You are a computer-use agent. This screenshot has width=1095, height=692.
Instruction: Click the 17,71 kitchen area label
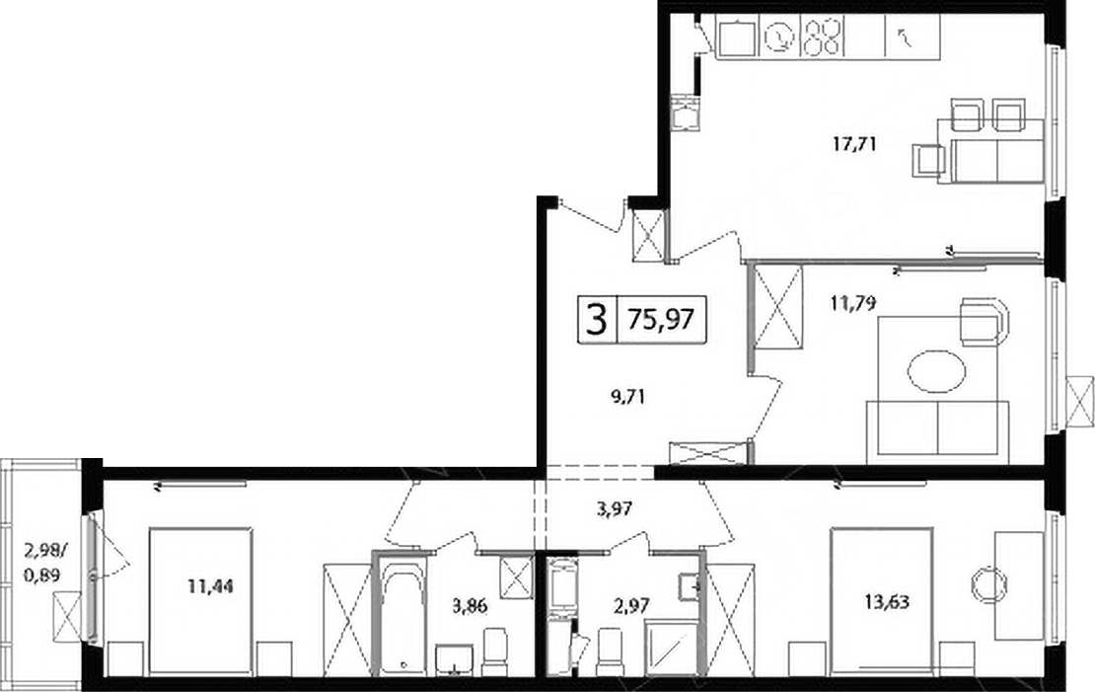point(853,145)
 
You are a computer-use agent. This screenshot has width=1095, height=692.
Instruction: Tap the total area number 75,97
point(661,320)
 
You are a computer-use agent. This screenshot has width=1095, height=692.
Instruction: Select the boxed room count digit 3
point(596,320)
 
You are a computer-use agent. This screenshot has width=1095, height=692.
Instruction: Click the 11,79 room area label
point(853,303)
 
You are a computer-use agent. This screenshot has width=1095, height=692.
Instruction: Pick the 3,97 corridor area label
point(615,508)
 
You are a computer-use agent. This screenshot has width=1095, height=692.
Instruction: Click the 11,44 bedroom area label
point(210,585)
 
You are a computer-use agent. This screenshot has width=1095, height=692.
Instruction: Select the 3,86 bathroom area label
point(470,606)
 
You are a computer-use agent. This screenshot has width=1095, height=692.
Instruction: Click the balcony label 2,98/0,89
point(45,564)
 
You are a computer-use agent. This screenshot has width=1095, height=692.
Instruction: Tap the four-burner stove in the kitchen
point(822,37)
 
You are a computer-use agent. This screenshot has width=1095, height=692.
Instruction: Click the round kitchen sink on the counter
point(780,38)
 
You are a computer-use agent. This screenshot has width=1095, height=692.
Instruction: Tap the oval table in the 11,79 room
point(936,370)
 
